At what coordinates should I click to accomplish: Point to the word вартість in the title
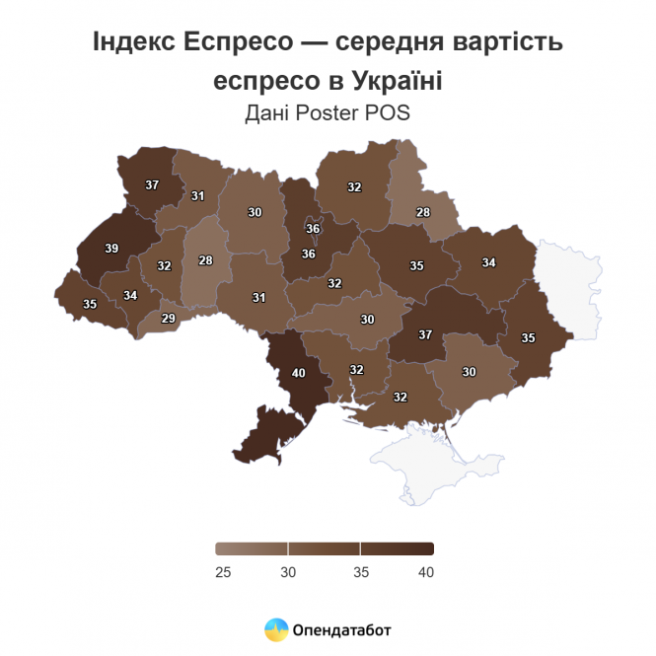pos(511,43)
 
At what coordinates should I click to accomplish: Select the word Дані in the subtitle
pos(265,112)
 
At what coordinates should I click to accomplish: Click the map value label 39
pos(111,249)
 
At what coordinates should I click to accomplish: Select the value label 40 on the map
pos(298,373)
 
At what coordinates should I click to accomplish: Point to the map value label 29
pos(169,318)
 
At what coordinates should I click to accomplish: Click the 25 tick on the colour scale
pos(223,572)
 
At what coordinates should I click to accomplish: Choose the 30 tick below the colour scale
pos(288,572)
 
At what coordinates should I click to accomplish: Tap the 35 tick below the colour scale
pos(360,572)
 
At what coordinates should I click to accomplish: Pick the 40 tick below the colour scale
pos(425,572)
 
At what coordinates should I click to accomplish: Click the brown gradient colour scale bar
pos(325,549)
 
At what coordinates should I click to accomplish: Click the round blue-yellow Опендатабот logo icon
pos(276,628)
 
